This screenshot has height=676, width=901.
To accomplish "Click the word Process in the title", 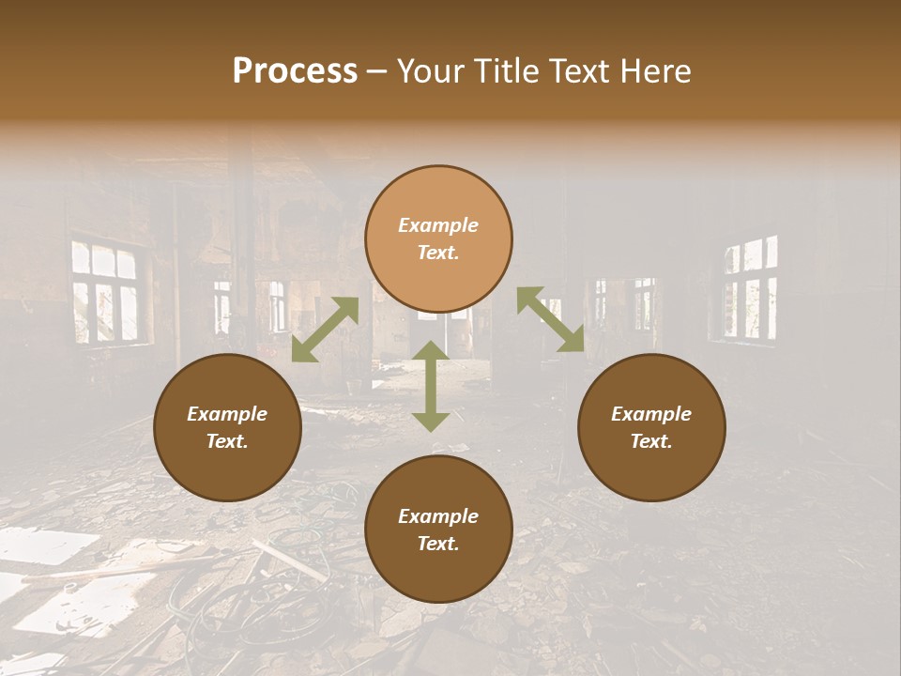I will coord(295,71).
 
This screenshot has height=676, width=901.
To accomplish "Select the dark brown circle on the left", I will coord(227,427).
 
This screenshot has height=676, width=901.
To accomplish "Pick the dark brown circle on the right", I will coord(651,427).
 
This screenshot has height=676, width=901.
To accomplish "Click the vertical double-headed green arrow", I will coord(431,386).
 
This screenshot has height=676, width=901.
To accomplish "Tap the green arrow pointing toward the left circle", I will coord(325,330).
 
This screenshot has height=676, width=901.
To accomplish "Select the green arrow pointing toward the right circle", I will coord(550,319).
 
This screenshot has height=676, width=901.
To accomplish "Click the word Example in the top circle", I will coord(438,225).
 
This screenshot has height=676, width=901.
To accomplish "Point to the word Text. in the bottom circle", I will coord(438,544).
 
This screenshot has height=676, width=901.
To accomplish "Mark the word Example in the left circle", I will coord(227,414).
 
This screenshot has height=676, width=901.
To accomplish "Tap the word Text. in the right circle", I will coord(651,441).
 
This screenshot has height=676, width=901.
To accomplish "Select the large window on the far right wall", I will coord(750,287).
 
